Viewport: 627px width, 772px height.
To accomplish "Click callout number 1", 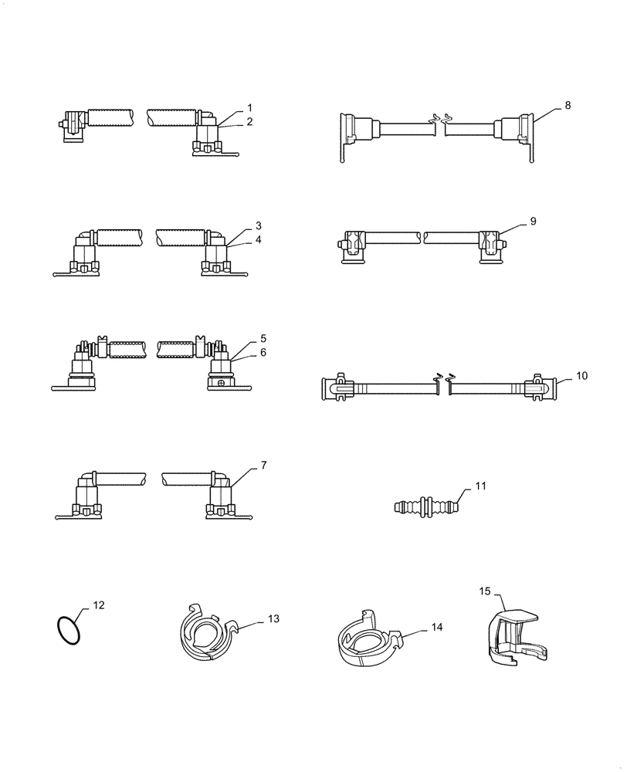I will point(249,107).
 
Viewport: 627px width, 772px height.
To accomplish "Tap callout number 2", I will point(249,121).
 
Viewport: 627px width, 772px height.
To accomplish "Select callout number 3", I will point(259,225).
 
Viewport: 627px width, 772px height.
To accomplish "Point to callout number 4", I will point(259,239).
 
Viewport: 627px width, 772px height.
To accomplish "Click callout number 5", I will point(263,338).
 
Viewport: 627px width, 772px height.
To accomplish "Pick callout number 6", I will point(263,352).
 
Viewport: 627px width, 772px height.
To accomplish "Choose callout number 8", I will point(568,106).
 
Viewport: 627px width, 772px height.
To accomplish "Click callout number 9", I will point(533,221).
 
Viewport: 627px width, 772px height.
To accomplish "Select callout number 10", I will point(581,375).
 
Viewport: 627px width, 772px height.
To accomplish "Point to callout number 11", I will point(480,486).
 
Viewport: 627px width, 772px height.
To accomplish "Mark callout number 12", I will point(98,606).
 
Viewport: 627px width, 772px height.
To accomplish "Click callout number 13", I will point(273,618).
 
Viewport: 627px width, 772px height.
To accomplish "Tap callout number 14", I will point(437,628).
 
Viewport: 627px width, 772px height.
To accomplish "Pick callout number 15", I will point(484,591).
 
